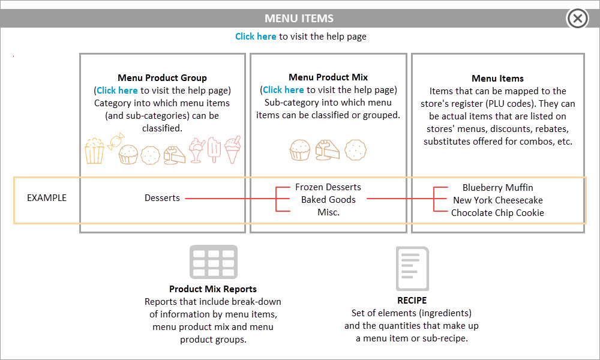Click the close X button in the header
[577, 19]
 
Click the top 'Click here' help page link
[256, 37]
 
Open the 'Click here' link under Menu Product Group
[117, 90]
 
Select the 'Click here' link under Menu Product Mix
[283, 89]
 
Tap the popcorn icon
[94, 151]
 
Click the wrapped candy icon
[116, 141]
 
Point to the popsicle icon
[214, 149]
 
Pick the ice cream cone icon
[233, 149]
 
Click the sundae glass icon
[197, 151]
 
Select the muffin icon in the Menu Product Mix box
[299, 149]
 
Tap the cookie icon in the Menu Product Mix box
[355, 149]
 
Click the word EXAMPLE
[47, 198]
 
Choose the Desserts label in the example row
[162, 198]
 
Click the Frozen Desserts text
[328, 187]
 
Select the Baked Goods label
[328, 200]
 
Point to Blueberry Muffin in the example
[498, 187]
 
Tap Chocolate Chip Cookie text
[497, 213]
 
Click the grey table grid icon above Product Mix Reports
[214, 262]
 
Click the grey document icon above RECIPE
[412, 269]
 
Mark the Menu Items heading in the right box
[497, 79]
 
